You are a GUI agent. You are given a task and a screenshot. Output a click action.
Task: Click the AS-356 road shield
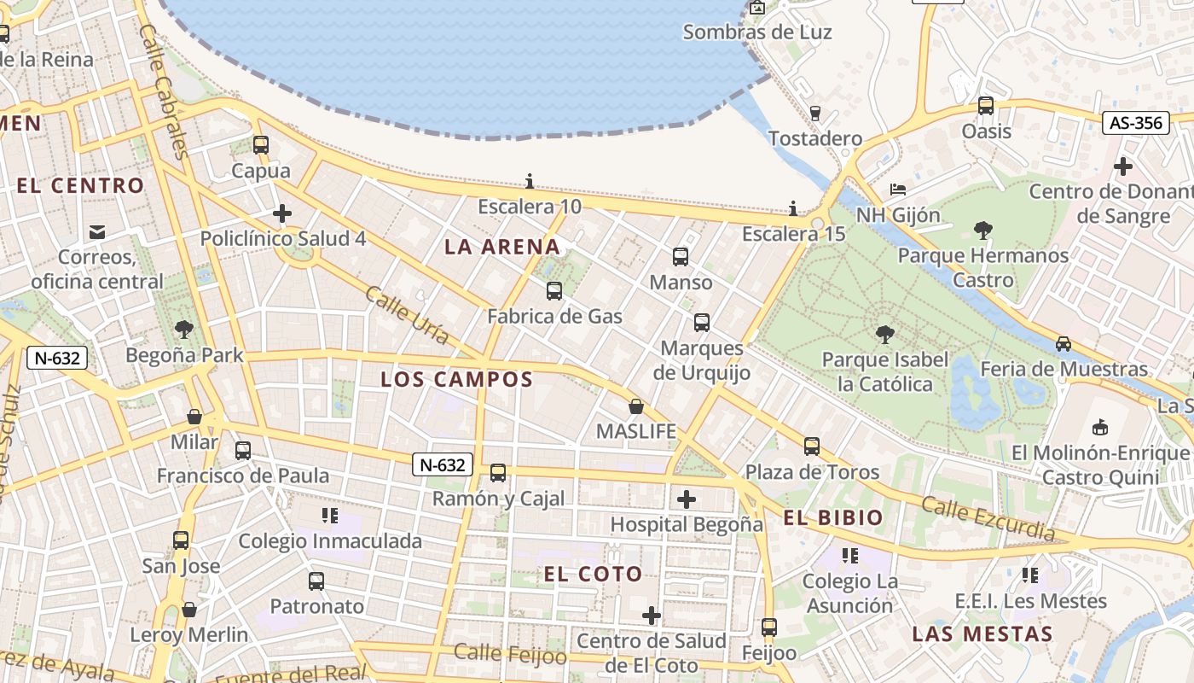pyautogui.click(x=1136, y=123)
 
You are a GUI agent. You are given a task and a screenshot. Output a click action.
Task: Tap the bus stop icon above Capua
pyautogui.click(x=261, y=145)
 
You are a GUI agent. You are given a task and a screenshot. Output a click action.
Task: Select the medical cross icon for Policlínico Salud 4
pyautogui.click(x=282, y=213)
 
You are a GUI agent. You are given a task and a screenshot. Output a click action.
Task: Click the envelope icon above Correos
pyautogui.click(x=97, y=231)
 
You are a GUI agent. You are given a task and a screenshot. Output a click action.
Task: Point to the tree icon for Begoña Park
pyautogui.click(x=183, y=330)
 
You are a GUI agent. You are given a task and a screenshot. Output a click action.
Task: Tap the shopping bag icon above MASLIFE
pyautogui.click(x=635, y=406)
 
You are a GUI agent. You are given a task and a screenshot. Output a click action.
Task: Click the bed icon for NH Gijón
pyautogui.click(x=897, y=189)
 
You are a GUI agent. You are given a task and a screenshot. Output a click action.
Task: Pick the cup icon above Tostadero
pyautogui.click(x=814, y=113)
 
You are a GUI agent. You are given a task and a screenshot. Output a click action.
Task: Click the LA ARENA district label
pyautogui.click(x=502, y=248)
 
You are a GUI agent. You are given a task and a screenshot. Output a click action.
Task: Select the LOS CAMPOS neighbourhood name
pyautogui.click(x=456, y=379)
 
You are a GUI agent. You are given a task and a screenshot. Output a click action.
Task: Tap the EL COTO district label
pyautogui.click(x=593, y=575)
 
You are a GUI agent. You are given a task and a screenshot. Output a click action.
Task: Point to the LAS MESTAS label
pyautogui.click(x=982, y=634)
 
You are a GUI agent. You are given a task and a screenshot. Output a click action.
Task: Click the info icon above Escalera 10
pyautogui.click(x=530, y=181)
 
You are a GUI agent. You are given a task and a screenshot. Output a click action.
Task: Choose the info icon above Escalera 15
pyautogui.click(x=793, y=208)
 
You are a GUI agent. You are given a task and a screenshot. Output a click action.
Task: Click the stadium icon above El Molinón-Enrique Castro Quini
pyautogui.click(x=1100, y=427)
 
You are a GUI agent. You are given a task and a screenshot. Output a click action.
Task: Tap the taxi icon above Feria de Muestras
pyautogui.click(x=1063, y=344)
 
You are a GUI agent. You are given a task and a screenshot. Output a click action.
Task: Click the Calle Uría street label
pyautogui.click(x=407, y=315)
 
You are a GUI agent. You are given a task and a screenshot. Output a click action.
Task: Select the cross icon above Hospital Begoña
pyautogui.click(x=687, y=499)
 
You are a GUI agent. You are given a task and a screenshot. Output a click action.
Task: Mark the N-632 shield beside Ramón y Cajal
pyautogui.click(x=443, y=464)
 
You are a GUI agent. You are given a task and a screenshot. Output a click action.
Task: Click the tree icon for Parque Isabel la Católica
pyautogui.click(x=884, y=334)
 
